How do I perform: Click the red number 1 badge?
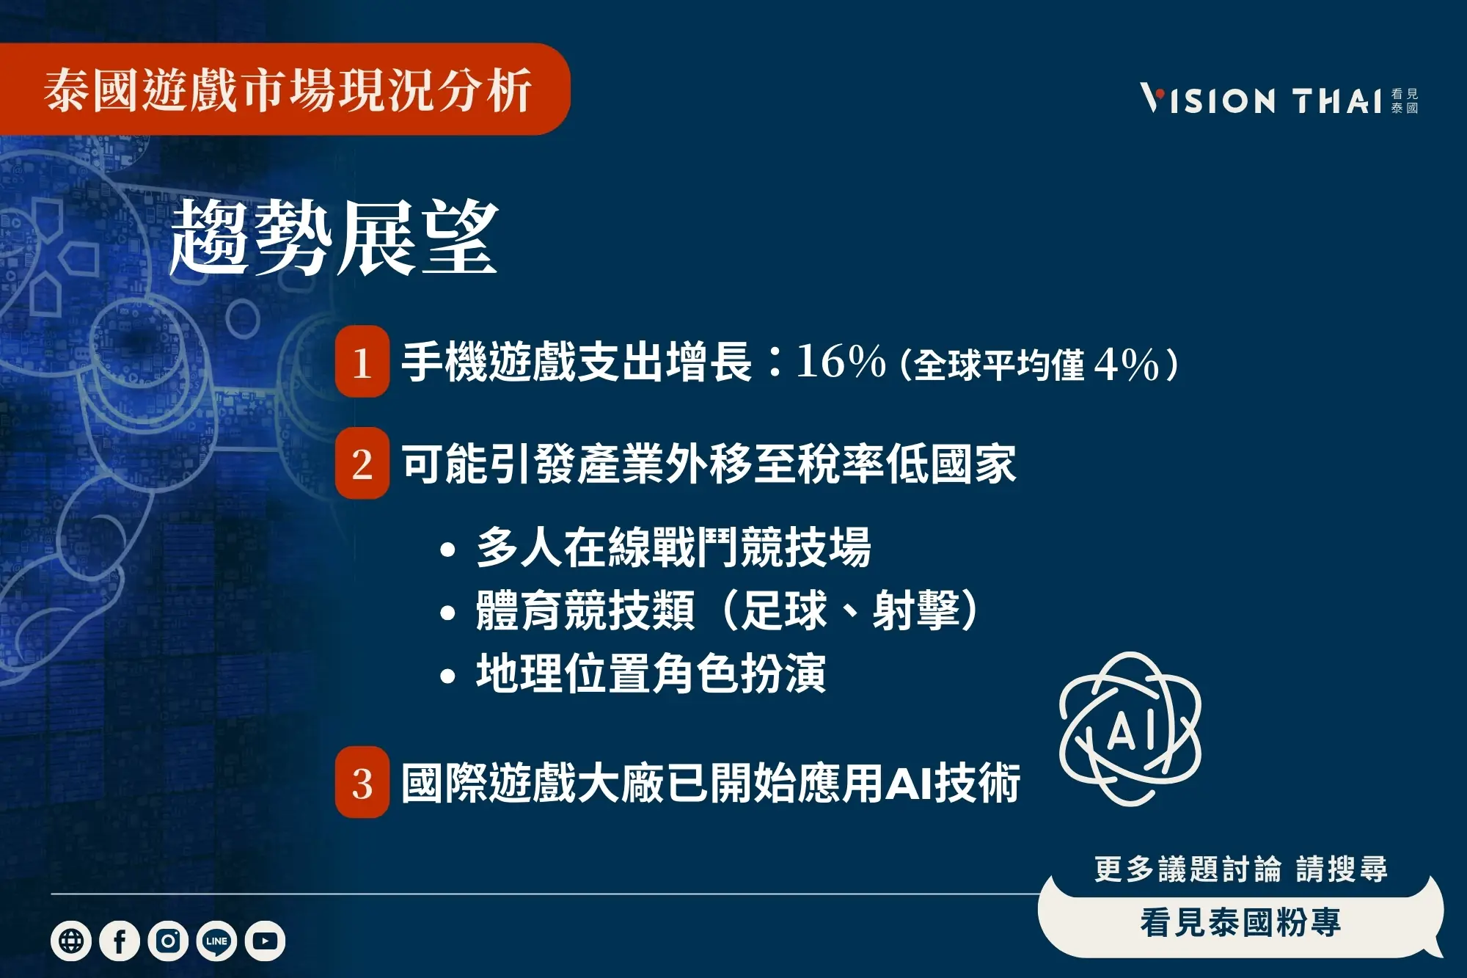tap(362, 362)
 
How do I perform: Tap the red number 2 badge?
tap(362, 464)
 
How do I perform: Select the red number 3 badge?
tap(362, 783)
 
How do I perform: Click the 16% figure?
tap(841, 362)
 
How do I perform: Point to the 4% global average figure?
tap(1126, 365)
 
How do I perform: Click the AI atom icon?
tap(1130, 729)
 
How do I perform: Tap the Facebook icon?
tap(120, 941)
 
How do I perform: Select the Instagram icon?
tap(168, 941)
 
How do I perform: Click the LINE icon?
tap(216, 941)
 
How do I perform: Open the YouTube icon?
tap(265, 941)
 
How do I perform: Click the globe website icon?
tap(71, 941)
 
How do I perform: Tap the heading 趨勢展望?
tap(334, 238)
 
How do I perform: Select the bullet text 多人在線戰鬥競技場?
tap(673, 547)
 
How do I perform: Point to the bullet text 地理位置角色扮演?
tap(651, 674)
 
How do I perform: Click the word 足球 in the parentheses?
tap(784, 610)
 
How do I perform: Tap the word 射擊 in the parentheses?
tap(916, 610)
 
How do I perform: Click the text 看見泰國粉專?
tap(1240, 923)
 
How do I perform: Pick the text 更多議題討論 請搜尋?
tap(1240, 869)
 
